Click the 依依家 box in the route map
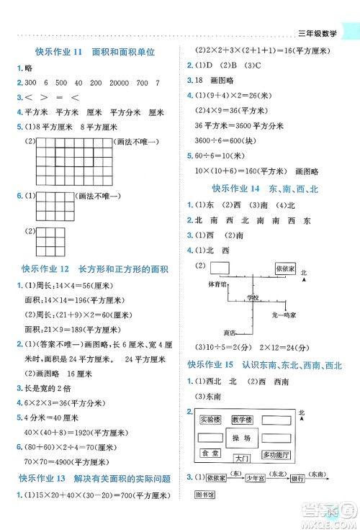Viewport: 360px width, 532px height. pyautogui.click(x=287, y=268)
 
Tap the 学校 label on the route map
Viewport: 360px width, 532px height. pyautogui.click(x=251, y=297)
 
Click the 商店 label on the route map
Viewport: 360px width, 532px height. pyautogui.click(x=230, y=333)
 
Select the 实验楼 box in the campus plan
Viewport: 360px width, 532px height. pyautogui.click(x=210, y=419)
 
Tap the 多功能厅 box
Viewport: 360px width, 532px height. pyautogui.click(x=276, y=455)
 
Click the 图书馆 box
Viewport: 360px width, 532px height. pyautogui.click(x=206, y=495)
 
